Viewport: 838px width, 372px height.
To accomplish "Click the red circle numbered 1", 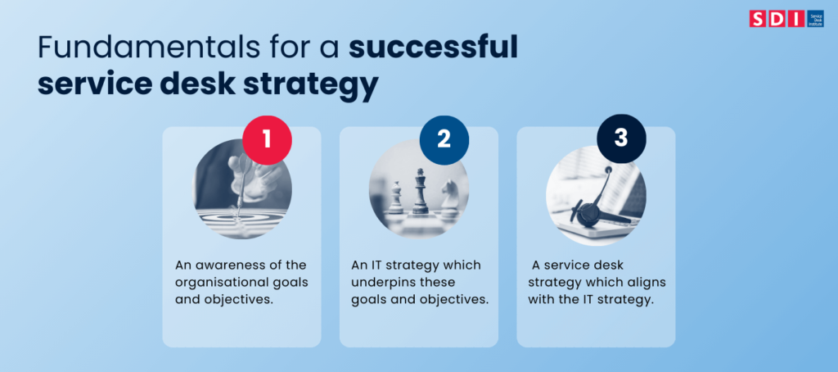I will pyautogui.click(x=266, y=138).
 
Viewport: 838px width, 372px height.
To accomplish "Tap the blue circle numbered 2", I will pyautogui.click(x=444, y=138).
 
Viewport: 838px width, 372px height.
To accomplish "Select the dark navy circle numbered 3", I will pyautogui.click(x=620, y=138).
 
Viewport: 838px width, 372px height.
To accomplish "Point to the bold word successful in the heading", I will pyautogui.click(x=434, y=48).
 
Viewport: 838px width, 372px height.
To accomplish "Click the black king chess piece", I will pyautogui.click(x=420, y=190).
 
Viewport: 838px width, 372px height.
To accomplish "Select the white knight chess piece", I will pyautogui.click(x=448, y=197).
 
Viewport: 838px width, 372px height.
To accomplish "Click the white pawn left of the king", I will pyautogui.click(x=395, y=198).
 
